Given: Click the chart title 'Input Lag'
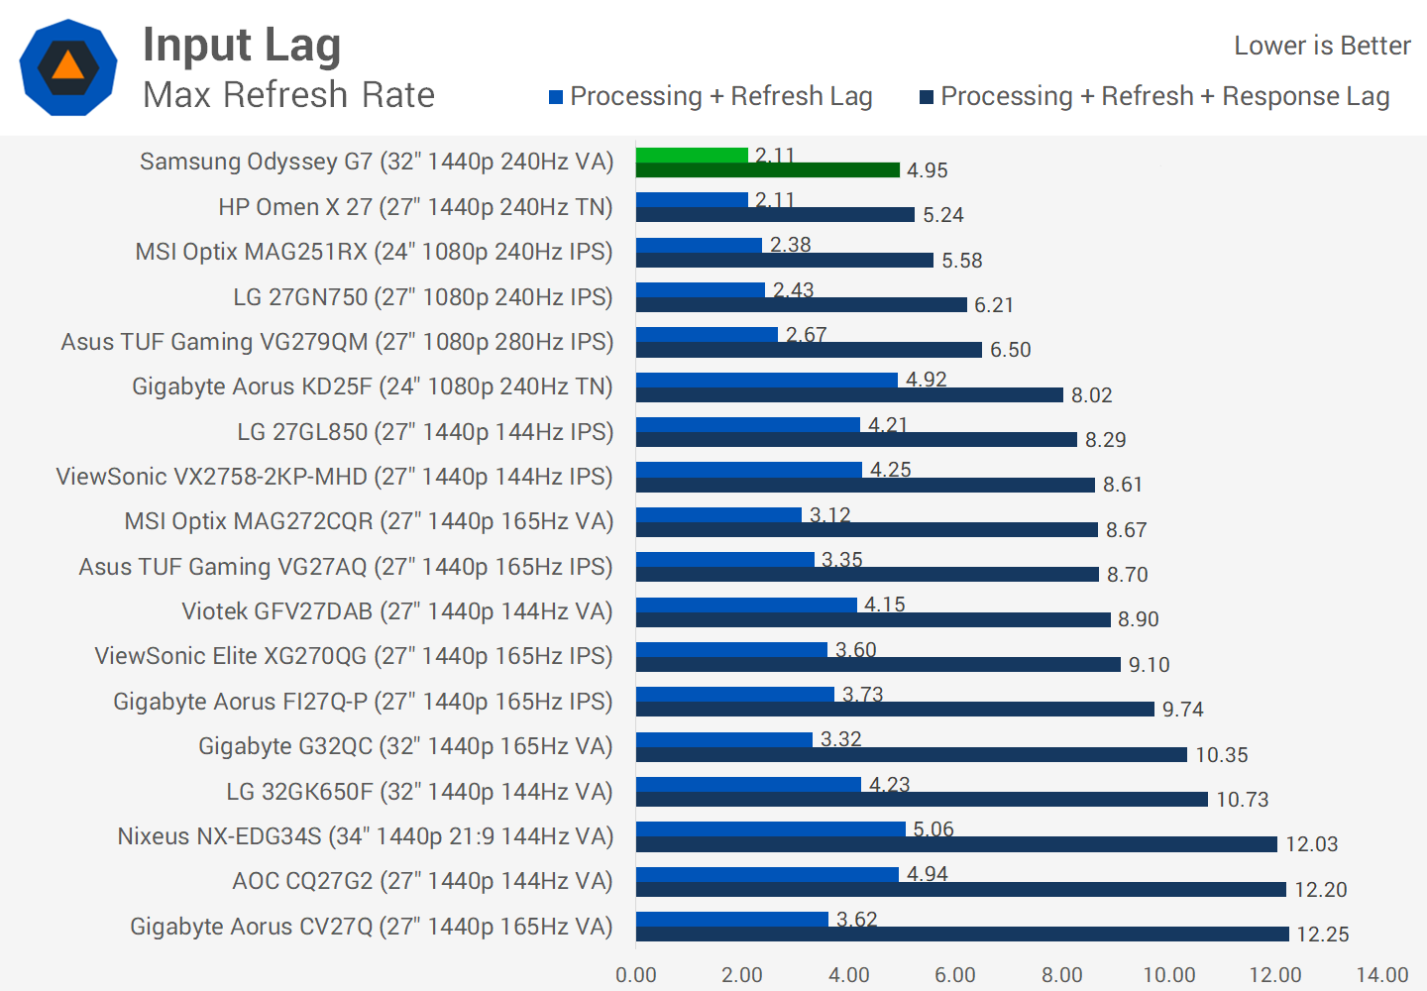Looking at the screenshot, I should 242,46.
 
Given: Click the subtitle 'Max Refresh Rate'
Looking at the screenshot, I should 288,95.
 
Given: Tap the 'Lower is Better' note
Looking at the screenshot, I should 1321,46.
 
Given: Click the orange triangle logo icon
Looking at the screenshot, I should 67,66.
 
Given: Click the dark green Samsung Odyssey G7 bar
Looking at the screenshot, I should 767,170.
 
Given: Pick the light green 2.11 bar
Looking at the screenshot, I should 692,155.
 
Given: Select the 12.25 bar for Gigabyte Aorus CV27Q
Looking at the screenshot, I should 961,935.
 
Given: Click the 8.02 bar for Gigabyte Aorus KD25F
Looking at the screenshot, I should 849,395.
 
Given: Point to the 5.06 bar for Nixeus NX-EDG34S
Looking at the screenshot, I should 770,828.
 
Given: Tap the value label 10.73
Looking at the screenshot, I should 1243,800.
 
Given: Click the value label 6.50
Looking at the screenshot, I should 1011,350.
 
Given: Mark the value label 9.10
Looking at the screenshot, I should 1150,665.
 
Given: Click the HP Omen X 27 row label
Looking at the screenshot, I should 415,207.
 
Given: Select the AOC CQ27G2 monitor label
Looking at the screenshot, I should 422,881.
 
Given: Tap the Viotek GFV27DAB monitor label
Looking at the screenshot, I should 396,611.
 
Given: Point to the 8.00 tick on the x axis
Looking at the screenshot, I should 1061,975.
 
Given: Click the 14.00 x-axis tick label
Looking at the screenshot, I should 1381,975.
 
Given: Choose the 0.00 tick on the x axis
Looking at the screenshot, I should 636,975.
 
